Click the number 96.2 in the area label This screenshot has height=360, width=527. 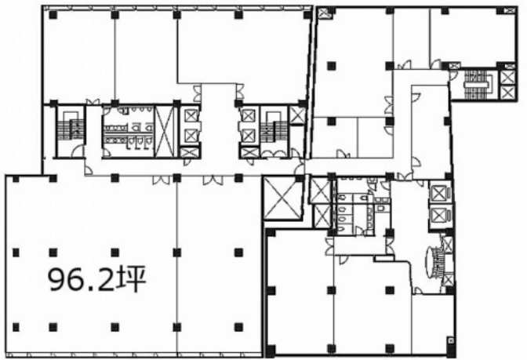click(x=82, y=278)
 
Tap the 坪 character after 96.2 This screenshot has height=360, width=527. click(x=131, y=278)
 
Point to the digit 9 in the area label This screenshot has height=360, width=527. click(x=57, y=279)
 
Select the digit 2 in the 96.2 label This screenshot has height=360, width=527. click(x=106, y=278)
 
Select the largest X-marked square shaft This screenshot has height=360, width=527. click(x=282, y=198)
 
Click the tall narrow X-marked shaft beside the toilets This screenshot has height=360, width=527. click(x=164, y=132)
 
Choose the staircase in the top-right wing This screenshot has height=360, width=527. click(x=478, y=84)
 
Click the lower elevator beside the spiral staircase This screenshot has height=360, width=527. click(x=438, y=215)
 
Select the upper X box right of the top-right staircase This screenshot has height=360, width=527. click(x=507, y=78)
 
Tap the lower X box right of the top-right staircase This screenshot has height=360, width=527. click(x=507, y=93)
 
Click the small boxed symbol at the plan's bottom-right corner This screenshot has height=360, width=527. click(x=451, y=341)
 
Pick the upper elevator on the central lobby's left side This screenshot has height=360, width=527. click(x=191, y=116)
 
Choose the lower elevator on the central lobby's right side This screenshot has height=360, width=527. click(x=249, y=136)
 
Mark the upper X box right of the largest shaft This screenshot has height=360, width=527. click(x=319, y=191)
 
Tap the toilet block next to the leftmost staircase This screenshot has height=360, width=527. click(x=129, y=132)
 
